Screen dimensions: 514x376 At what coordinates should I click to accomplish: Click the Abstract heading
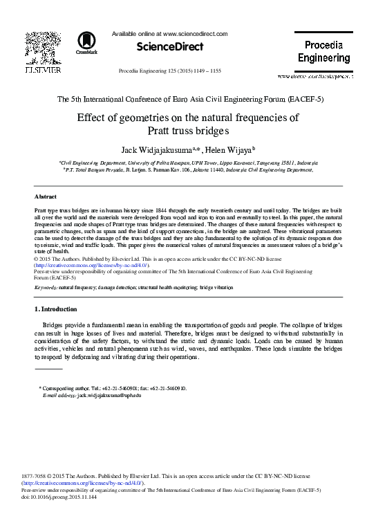click(46, 196)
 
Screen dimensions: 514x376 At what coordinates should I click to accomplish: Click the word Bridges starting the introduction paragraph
click(55, 324)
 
